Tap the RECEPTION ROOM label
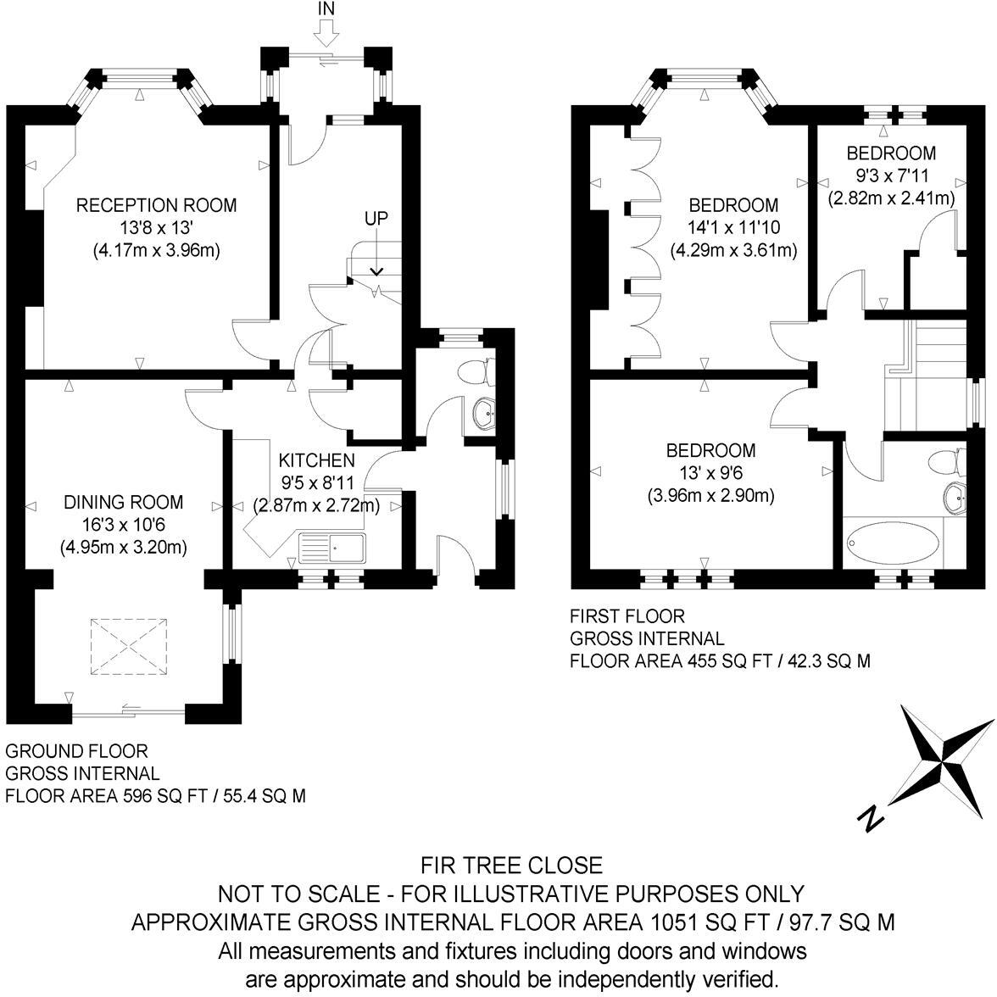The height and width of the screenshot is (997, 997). coord(156,205)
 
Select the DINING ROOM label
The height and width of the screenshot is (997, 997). coord(124,502)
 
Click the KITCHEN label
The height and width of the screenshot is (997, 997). coord(317,460)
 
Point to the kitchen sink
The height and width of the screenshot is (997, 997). coord(332,548)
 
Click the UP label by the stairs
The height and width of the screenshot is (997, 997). coord(376,219)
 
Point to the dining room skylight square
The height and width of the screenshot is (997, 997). coord(129,647)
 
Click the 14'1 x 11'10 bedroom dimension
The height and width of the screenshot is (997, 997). coord(734,227)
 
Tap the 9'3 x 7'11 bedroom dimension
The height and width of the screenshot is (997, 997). coord(892,175)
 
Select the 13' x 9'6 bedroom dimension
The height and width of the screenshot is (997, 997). coord(710,473)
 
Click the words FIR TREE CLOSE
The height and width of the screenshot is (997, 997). coord(512,866)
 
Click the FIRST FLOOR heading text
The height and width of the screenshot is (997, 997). coord(627,616)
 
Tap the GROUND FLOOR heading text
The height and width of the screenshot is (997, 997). coord(76,751)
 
